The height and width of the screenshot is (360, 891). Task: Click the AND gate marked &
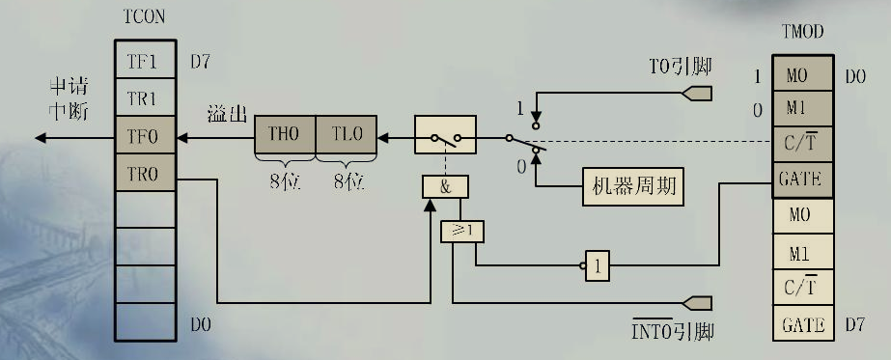point(445,187)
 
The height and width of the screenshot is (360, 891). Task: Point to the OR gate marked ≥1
point(461,231)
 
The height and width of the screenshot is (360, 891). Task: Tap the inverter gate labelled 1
point(598,265)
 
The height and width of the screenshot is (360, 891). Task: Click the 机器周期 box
point(632,187)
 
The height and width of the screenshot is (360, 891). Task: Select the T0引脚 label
point(680,68)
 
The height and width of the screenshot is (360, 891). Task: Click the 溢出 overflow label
point(224,115)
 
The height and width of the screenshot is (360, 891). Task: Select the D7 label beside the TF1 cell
point(200,62)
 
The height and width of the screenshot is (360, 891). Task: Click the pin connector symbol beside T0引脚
point(697,94)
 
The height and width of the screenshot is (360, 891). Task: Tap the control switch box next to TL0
point(445,132)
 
